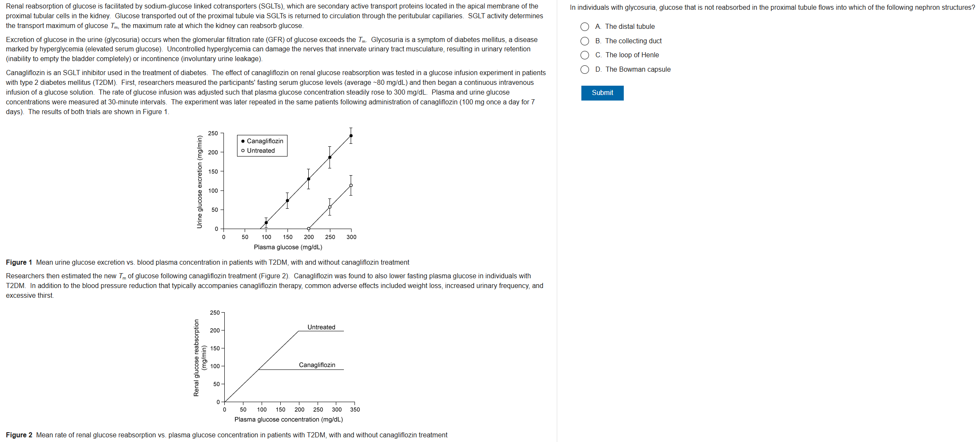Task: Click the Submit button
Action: click(x=602, y=93)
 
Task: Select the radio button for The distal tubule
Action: click(x=584, y=27)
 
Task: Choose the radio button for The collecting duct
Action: click(x=584, y=41)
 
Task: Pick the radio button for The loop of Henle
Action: click(x=584, y=55)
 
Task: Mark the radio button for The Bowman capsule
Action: click(x=584, y=70)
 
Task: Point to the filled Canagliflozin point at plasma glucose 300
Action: click(x=351, y=136)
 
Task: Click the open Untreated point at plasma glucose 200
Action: click(x=308, y=229)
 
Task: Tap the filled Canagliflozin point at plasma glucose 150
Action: click(x=287, y=201)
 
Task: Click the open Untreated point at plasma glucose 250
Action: click(x=329, y=207)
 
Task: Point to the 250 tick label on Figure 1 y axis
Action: click(x=213, y=133)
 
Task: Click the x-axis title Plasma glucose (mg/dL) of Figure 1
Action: click(x=288, y=247)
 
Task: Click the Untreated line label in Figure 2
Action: click(x=321, y=327)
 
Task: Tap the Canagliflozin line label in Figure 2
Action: click(x=317, y=365)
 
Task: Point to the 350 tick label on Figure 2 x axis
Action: click(x=355, y=409)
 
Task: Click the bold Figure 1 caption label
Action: click(x=19, y=262)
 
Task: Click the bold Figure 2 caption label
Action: click(x=19, y=435)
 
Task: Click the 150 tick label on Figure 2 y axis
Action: click(x=215, y=348)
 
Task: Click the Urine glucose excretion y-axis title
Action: click(x=199, y=182)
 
